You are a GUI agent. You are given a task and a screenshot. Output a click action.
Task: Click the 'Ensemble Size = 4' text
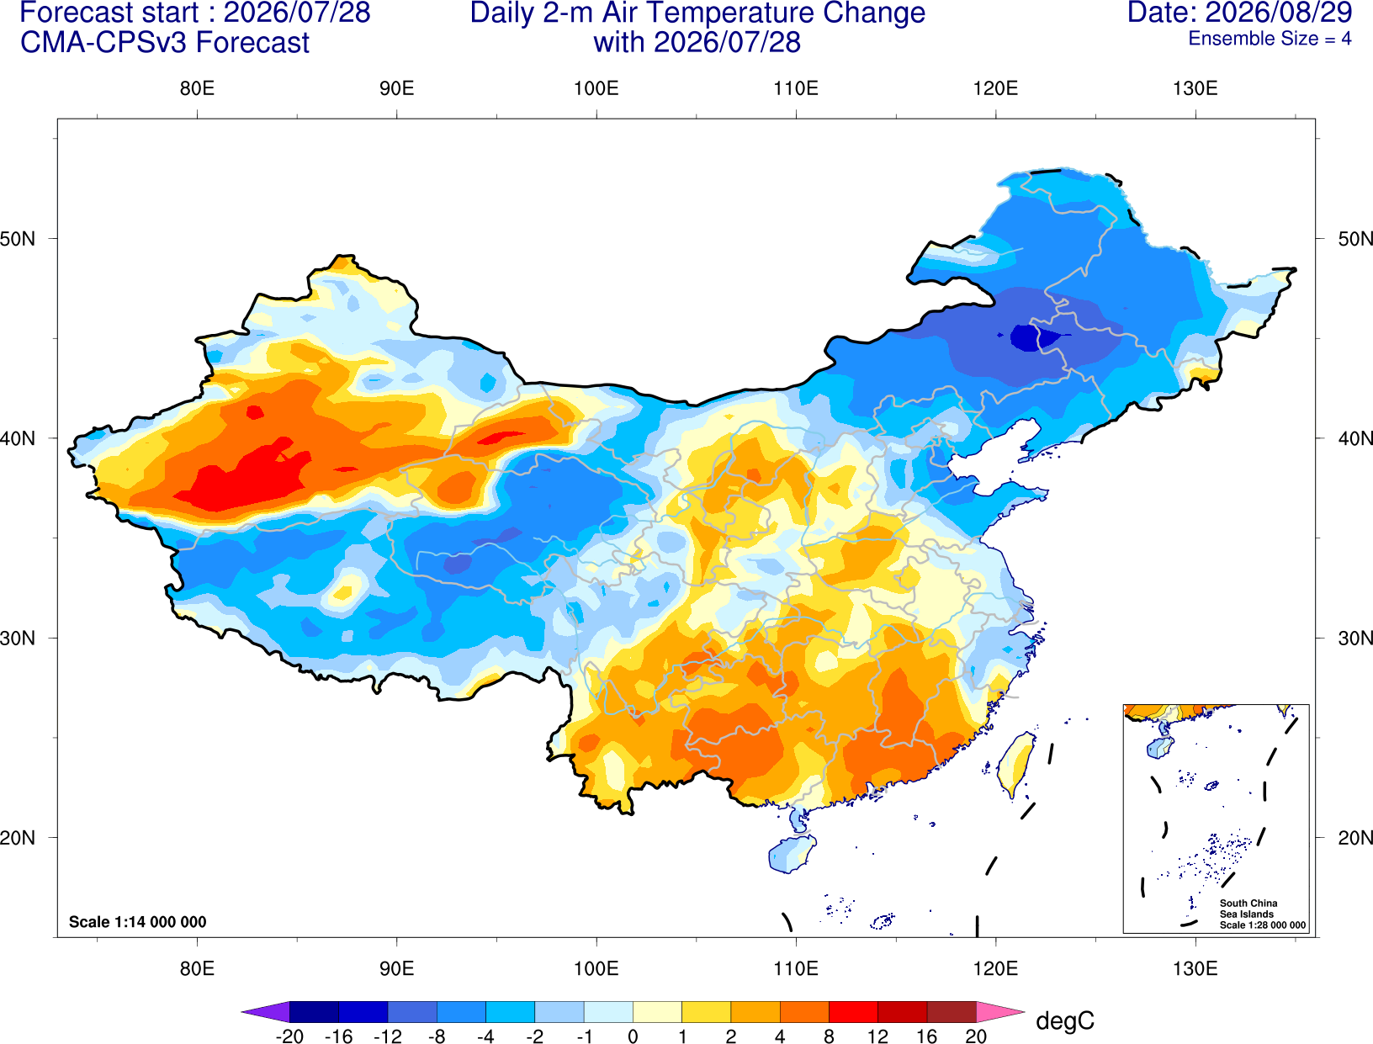click(x=1270, y=39)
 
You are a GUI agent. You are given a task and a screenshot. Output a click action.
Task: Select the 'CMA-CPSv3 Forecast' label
click(x=165, y=43)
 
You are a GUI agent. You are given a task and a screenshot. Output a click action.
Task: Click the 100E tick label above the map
click(x=596, y=88)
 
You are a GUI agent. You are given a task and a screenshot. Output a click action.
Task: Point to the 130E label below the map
click(x=1195, y=969)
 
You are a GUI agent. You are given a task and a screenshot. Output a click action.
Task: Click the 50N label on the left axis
click(x=18, y=239)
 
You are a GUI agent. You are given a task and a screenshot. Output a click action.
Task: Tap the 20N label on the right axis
click(x=1354, y=838)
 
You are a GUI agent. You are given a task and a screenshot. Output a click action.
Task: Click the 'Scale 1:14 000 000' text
click(x=137, y=921)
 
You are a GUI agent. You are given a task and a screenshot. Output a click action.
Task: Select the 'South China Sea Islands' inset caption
click(x=1248, y=909)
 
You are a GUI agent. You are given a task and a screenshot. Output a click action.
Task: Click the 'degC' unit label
click(x=1064, y=1020)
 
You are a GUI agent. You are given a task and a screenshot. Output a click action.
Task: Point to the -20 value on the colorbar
click(x=289, y=1036)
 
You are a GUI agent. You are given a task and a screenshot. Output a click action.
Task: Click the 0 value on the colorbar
click(x=633, y=1036)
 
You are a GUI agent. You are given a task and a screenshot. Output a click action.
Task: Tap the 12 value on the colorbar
click(x=877, y=1036)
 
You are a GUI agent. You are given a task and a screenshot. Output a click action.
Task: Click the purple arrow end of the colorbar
click(x=265, y=1011)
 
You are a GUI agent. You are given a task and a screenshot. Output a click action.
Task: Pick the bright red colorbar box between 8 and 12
click(x=853, y=1011)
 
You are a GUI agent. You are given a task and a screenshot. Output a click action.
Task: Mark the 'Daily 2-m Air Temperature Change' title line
click(x=697, y=13)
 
